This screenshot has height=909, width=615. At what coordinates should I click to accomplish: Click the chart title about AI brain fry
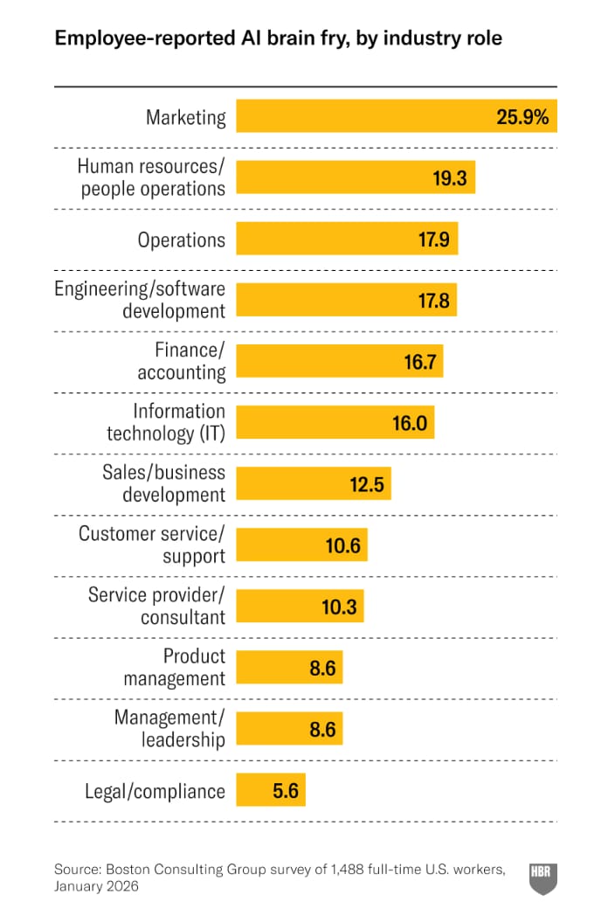pyautogui.click(x=278, y=39)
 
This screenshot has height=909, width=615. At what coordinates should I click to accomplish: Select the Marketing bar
pyautogui.click(x=367, y=116)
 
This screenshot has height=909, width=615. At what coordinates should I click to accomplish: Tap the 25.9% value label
pyautogui.click(x=522, y=117)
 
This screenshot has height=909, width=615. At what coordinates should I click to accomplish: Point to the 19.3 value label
pyautogui.click(x=449, y=178)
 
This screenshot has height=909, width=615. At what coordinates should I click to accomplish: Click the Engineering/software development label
pyautogui.click(x=140, y=300)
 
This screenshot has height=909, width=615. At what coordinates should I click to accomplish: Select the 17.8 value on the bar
pyautogui.click(x=433, y=301)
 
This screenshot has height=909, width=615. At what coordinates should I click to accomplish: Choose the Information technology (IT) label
pyautogui.click(x=166, y=422)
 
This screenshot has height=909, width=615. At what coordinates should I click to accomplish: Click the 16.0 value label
pyautogui.click(x=410, y=423)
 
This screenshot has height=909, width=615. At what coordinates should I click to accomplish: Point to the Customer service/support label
pyautogui.click(x=152, y=545)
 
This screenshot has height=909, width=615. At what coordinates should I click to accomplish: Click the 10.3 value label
pyautogui.click(x=339, y=607)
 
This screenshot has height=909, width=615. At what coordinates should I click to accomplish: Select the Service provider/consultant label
pyautogui.click(x=156, y=606)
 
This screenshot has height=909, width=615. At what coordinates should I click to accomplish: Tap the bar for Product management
pyautogui.click(x=271, y=668)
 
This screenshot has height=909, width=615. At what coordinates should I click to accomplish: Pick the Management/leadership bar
pyautogui.click(x=271, y=729)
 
